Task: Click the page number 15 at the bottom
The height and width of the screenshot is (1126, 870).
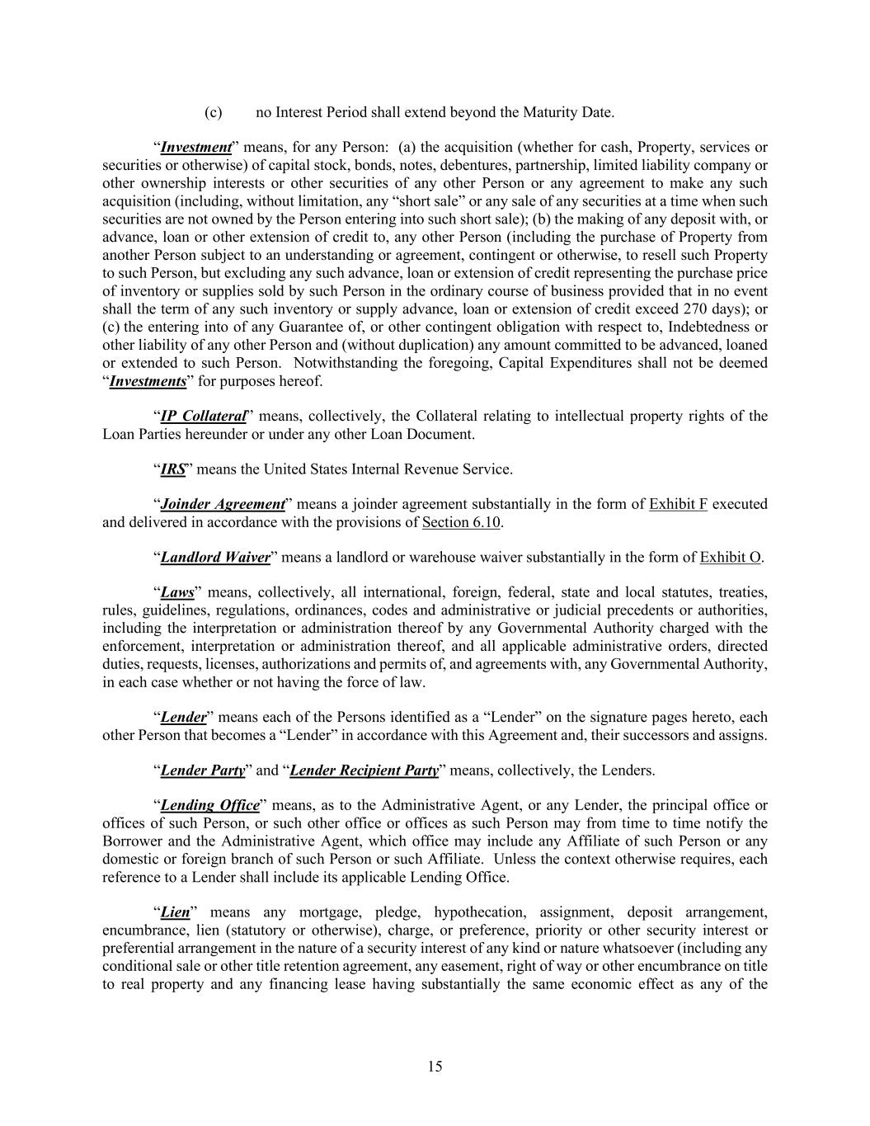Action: [435, 1067]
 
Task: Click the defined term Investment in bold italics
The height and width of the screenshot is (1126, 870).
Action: [195, 148]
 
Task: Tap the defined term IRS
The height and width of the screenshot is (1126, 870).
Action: [172, 469]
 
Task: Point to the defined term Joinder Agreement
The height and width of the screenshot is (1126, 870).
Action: [223, 504]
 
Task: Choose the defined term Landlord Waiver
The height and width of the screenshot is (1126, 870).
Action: [215, 558]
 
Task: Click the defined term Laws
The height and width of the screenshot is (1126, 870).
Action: [177, 592]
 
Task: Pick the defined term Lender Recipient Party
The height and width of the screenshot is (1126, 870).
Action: [364, 770]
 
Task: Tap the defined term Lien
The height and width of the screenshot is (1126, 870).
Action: [175, 912]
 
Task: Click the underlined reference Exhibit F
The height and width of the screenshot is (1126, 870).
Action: [678, 504]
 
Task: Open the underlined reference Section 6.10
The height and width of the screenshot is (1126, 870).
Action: [462, 522]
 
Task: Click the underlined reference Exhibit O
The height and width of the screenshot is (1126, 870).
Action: [730, 558]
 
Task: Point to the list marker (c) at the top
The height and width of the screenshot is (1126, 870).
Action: [213, 112]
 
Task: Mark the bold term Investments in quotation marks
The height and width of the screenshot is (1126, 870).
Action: [148, 381]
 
